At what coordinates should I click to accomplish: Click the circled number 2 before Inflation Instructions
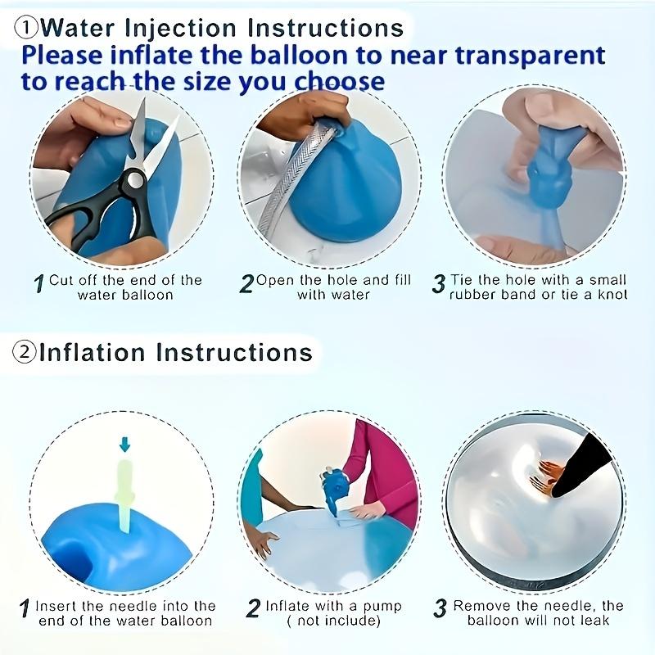click(x=25, y=353)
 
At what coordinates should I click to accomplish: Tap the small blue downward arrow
click(x=124, y=445)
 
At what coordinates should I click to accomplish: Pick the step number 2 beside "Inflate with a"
click(x=253, y=609)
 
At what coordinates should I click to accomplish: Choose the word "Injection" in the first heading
click(x=178, y=28)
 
